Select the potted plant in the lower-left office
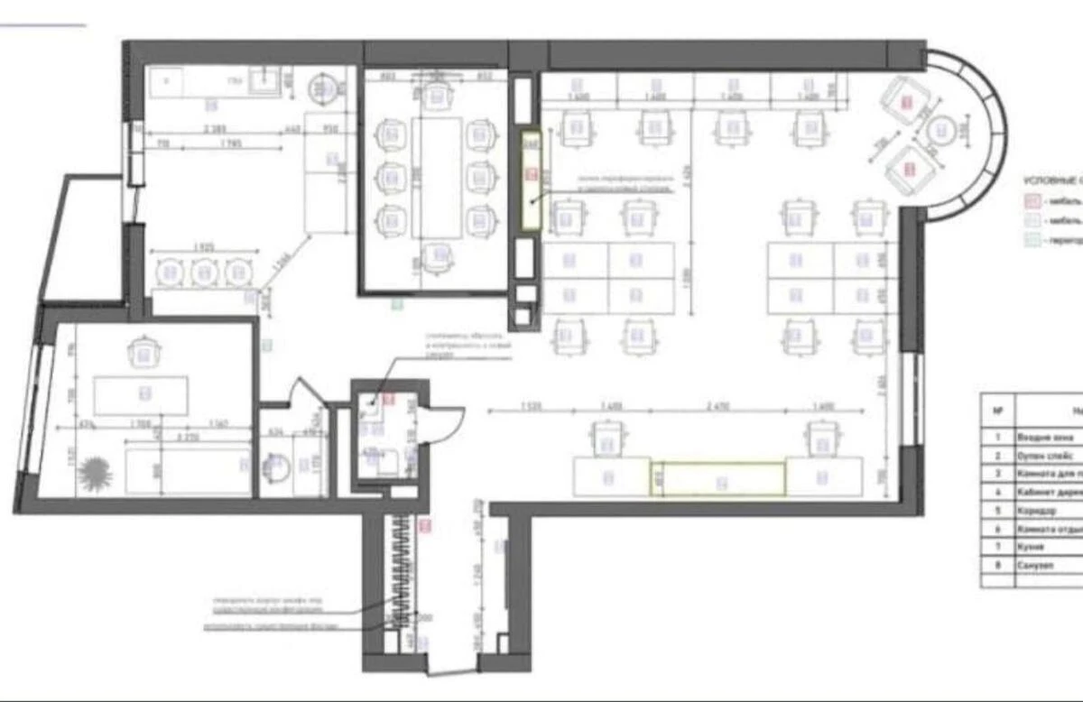94,471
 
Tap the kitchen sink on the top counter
264,82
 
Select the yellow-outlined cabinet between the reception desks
717,479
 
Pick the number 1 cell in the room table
997,435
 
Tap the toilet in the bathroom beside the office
278,466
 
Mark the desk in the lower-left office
142,395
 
